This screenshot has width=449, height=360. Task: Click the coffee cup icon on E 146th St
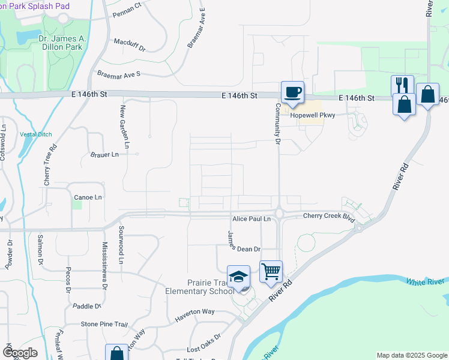(292, 92)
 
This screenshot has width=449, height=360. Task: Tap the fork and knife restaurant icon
(402, 85)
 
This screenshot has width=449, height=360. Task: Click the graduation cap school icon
(239, 276)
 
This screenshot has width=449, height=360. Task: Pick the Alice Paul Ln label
(252, 220)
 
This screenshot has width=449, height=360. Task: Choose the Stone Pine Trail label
(104, 324)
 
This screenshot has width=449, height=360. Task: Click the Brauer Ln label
(104, 154)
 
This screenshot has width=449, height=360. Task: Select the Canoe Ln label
(88, 197)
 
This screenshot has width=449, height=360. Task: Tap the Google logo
(20, 352)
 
